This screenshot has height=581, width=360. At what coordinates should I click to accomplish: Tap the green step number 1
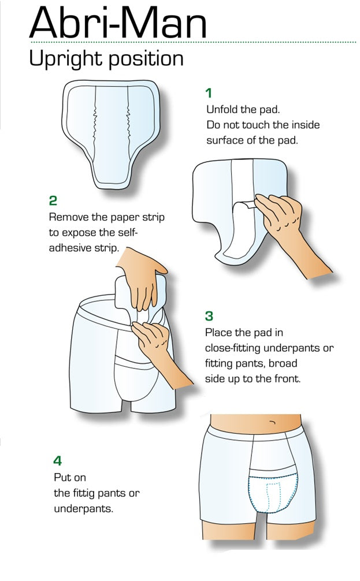(209, 93)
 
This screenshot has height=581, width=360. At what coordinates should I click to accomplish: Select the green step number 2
(53, 200)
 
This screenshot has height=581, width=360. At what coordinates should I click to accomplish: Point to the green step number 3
(209, 316)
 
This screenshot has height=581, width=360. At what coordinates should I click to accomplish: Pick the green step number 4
(57, 460)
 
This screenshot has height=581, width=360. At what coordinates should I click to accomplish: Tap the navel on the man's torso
(273, 422)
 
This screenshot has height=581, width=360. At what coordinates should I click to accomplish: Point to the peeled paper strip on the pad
(243, 207)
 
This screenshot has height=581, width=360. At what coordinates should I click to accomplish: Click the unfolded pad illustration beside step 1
(111, 134)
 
